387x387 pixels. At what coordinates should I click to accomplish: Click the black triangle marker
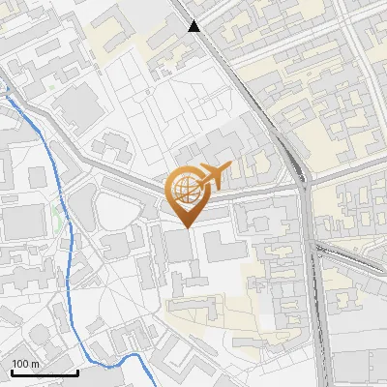tap(194, 26)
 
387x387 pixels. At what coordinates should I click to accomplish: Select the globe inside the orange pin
tap(185, 189)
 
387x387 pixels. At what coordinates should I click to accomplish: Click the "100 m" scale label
tap(25, 364)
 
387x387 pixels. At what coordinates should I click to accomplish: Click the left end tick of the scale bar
tap(11, 371)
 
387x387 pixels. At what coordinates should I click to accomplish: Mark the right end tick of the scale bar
tap(77, 371)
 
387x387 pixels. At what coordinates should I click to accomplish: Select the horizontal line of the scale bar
tap(44, 372)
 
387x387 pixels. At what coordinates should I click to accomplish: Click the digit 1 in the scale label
tap(15, 364)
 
